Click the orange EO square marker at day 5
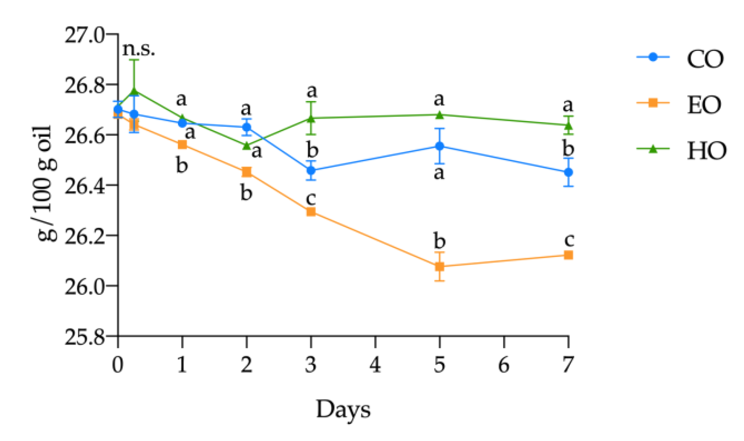point(439,267)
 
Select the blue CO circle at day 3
point(311,170)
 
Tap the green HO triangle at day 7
point(568,125)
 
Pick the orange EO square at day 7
point(568,255)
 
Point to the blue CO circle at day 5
point(439,146)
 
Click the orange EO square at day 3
point(311,212)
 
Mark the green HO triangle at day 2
point(246,145)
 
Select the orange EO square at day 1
point(182,145)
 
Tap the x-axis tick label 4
point(375,364)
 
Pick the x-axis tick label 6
point(504,364)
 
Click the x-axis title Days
point(343,410)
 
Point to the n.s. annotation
point(138,49)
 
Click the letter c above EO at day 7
point(569,239)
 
